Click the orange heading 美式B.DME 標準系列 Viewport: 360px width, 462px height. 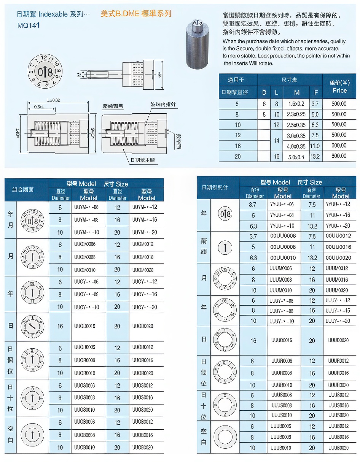pyautogui.click(x=136, y=14)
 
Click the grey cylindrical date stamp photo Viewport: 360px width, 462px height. pyautogui.click(x=198, y=44)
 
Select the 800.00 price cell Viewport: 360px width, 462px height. pyautogui.click(x=339, y=156)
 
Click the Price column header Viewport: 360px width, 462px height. pyautogui.click(x=339, y=90)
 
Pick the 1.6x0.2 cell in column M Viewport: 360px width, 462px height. pyautogui.click(x=296, y=104)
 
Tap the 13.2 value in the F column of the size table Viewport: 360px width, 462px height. pyautogui.click(x=315, y=156)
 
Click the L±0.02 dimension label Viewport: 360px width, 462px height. pyautogui.click(x=53, y=100)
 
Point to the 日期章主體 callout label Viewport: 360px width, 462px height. pyautogui.click(x=143, y=160)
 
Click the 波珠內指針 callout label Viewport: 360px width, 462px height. pyautogui.click(x=163, y=105)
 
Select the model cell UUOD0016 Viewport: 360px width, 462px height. pyautogui.click(x=85, y=326)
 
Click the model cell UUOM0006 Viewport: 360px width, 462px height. pyautogui.click(x=85, y=244)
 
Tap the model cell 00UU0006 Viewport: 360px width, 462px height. pyautogui.click(x=283, y=236)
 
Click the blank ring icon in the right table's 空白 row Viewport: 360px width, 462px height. pyautogui.click(x=225, y=437)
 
